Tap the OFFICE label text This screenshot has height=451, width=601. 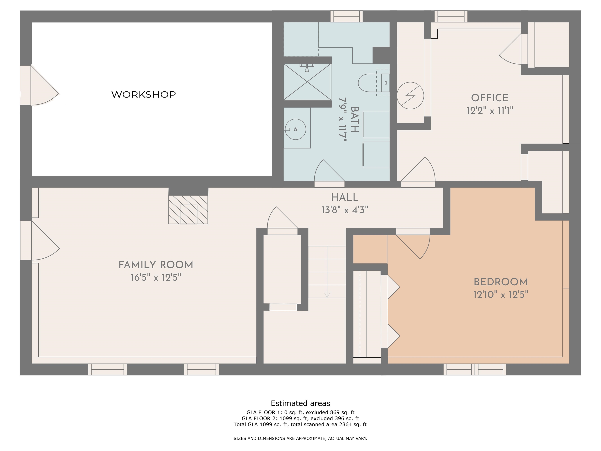tap(490, 98)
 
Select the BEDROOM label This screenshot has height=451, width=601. tap(501, 282)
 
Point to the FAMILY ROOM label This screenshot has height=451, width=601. tap(156, 265)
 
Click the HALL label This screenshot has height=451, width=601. tap(345, 197)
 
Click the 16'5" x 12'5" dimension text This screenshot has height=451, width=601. tap(156, 278)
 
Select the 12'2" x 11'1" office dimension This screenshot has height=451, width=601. tap(490, 111)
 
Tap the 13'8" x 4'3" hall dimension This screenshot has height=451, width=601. tap(345, 210)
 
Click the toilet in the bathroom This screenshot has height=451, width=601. tap(374, 83)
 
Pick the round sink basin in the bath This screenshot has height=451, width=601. tap(295, 129)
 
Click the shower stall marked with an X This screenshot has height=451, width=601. tap(307, 82)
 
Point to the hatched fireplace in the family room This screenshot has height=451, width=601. tap(188, 210)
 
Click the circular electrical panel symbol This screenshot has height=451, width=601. tap(410, 96)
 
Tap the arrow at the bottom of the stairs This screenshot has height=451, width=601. tap(327, 295)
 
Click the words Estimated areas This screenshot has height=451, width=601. tap(300, 403)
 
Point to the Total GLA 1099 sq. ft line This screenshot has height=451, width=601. tap(300, 424)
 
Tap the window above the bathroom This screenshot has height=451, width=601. tap(346, 16)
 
